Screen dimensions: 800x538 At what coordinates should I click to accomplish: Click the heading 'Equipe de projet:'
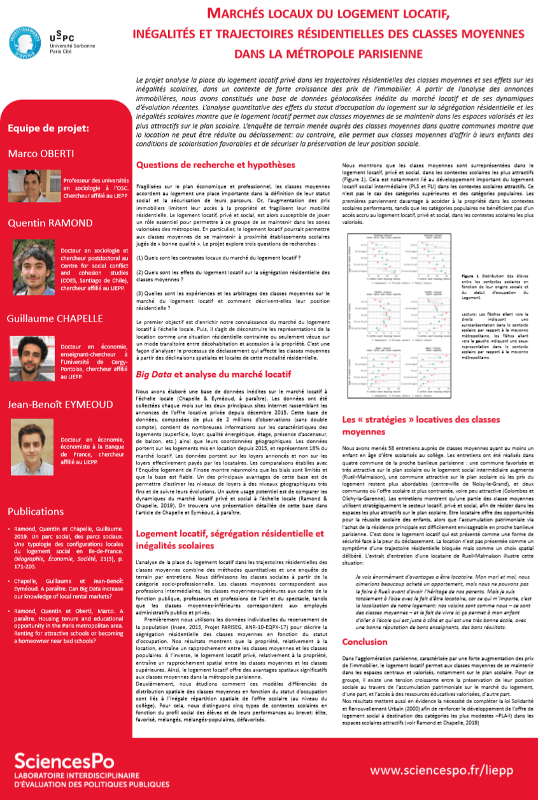click(x=48, y=129)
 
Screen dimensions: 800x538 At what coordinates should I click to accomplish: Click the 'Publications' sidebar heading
click(x=36, y=511)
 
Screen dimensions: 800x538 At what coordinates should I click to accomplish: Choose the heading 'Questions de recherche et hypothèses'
click(x=215, y=164)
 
